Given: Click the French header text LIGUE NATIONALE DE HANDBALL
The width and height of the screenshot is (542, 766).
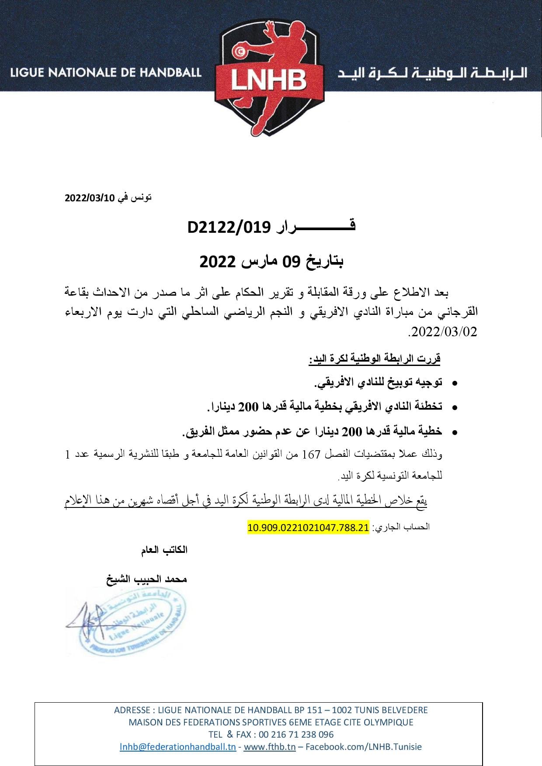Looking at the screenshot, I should click(106, 72).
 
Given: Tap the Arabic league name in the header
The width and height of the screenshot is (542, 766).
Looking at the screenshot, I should click(433, 72).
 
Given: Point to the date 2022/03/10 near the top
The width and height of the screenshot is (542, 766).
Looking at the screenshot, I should click(90, 198).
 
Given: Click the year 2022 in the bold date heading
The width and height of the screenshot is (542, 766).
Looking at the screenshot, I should click(218, 262).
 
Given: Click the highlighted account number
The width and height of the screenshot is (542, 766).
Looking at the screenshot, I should click(308, 528).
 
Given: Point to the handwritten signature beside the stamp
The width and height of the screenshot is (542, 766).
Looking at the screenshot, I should click(87, 622).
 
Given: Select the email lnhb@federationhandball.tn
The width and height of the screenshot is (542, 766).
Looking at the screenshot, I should click(178, 747).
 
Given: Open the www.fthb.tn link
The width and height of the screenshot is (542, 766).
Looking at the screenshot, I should click(270, 747).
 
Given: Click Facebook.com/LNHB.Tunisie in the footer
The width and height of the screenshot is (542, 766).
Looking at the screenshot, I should click(364, 747).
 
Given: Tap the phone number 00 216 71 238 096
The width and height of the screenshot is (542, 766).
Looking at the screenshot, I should click(296, 735).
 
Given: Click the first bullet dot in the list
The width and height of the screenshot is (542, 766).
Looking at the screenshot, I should click(455, 383).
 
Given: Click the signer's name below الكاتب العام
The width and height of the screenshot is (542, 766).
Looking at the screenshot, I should click(147, 580).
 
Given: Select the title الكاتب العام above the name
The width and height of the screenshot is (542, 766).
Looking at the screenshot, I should click(164, 550).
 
